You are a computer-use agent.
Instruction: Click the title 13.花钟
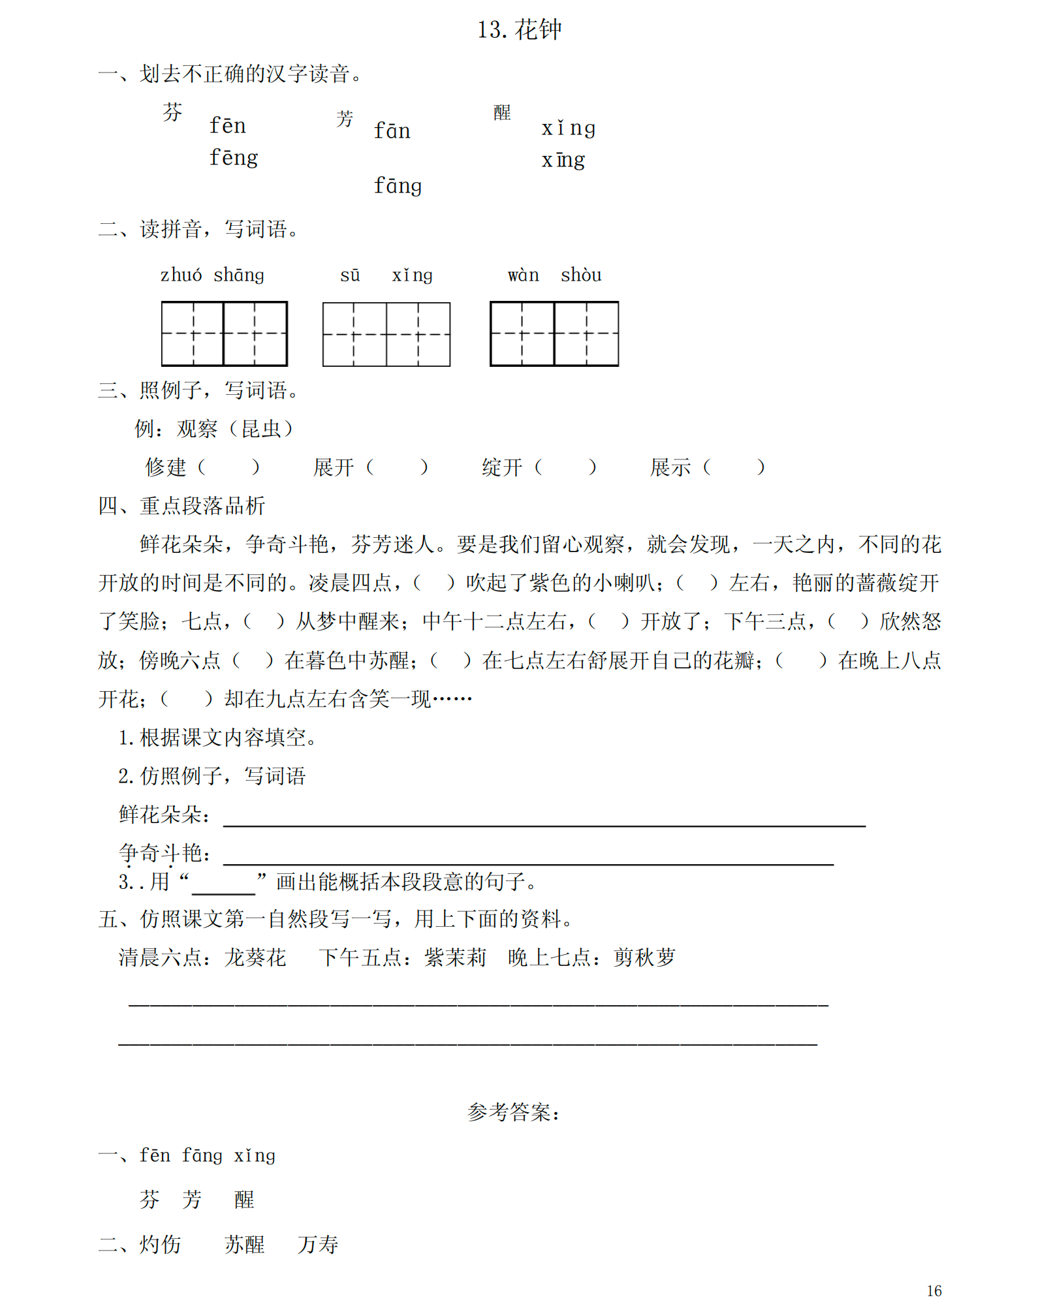519,30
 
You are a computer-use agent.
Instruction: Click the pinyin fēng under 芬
233,157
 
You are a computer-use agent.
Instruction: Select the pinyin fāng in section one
397,186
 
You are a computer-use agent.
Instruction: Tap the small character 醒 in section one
501,113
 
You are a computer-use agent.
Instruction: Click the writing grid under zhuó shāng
224,334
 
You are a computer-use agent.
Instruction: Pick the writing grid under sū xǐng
386,334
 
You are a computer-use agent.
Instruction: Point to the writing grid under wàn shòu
554,334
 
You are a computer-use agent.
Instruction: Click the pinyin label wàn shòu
554,275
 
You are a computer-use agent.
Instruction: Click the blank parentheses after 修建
228,467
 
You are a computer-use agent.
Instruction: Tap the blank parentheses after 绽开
565,467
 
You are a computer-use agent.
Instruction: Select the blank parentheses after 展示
733,467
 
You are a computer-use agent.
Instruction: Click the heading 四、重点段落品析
181,506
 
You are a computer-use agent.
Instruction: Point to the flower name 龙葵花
255,958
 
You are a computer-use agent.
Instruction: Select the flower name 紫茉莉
455,958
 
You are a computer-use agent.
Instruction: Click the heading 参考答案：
514,1112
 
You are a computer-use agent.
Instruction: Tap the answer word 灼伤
160,1245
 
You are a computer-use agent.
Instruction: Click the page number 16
934,1291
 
